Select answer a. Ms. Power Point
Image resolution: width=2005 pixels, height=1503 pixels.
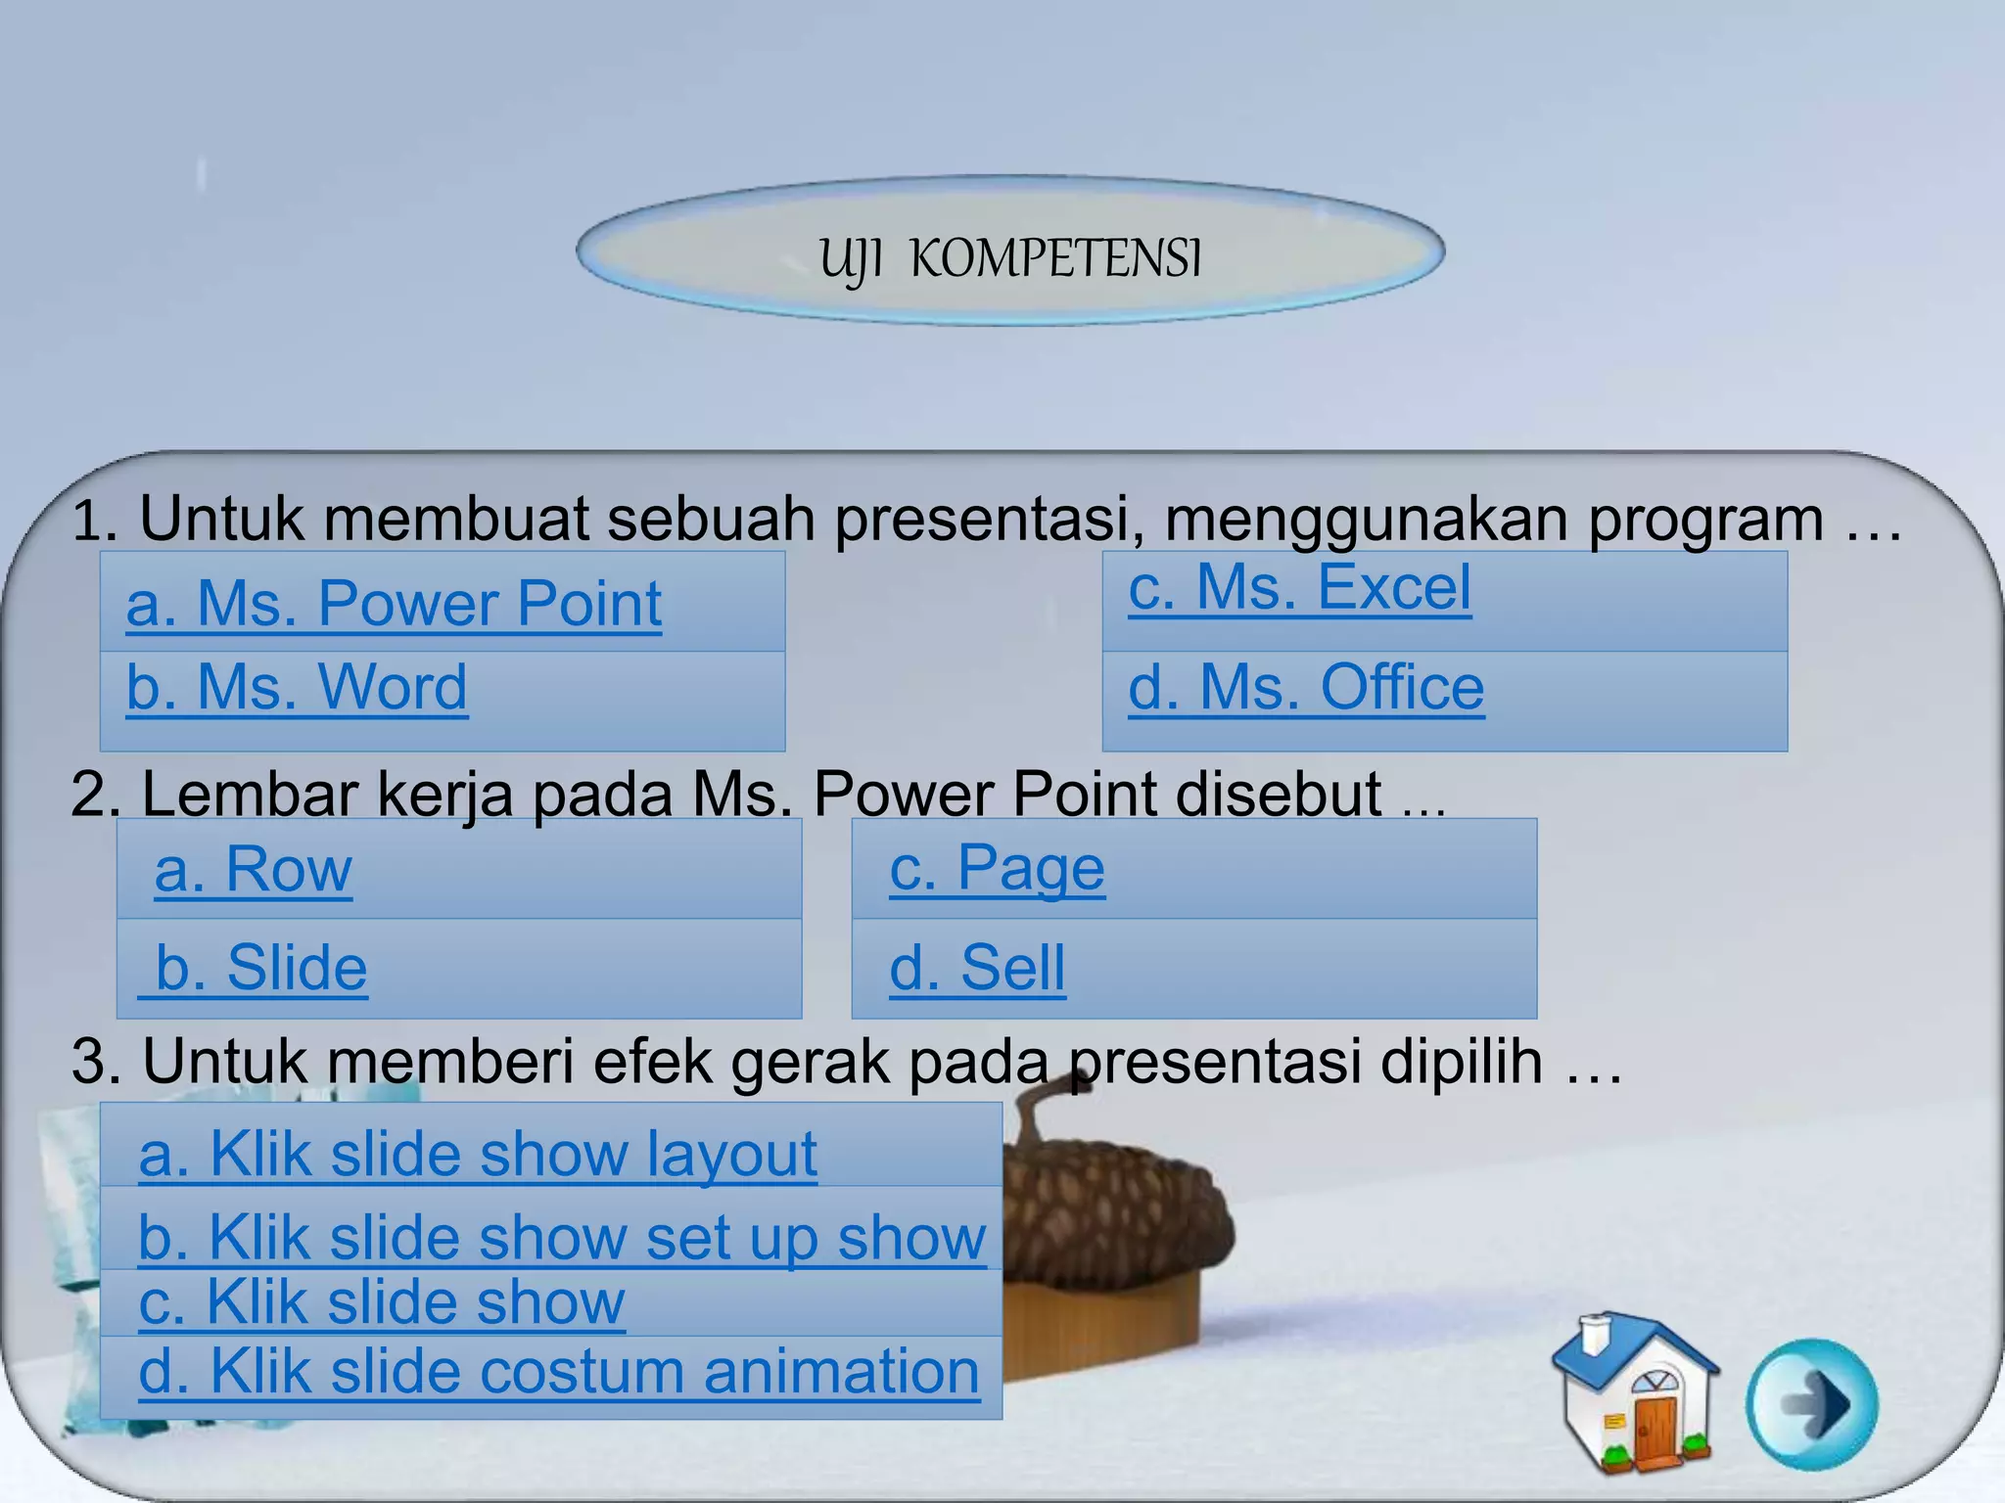point(394,604)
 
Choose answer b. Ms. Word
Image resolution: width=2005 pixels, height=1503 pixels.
point(297,688)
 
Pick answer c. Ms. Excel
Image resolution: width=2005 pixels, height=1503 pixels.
point(1299,588)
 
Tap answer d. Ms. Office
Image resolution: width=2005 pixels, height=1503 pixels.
point(1306,688)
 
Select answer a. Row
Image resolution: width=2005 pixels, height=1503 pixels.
point(254,869)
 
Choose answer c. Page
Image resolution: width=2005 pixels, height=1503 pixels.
point(997,869)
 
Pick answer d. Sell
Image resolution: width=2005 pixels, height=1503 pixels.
point(977,969)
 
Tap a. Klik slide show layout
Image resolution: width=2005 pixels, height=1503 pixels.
point(478,1155)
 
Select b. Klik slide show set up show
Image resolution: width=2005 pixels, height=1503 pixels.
point(562,1238)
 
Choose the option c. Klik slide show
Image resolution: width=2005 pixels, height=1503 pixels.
point(382,1303)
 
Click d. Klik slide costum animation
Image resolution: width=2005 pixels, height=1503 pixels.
point(559,1372)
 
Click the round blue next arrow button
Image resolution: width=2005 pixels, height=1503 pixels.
point(1812,1404)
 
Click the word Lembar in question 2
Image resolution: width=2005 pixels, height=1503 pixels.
point(249,794)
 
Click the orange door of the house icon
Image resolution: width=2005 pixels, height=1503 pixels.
point(1655,1431)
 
